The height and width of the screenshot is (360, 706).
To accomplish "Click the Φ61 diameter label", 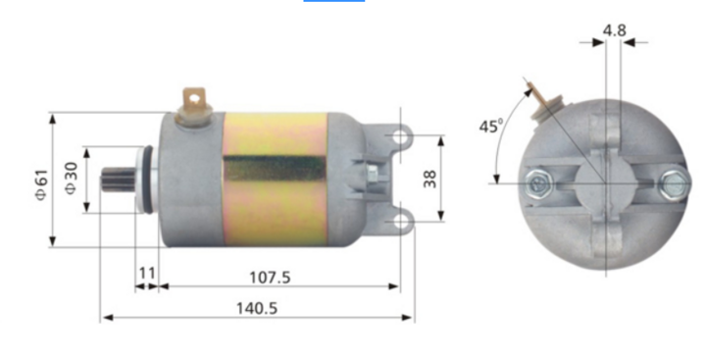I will coord(40,182).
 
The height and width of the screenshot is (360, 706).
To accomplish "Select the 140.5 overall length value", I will coord(258,308).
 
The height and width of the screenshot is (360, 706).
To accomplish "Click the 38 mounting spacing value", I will coord(429,179).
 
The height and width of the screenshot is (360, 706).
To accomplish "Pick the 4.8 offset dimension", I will coord(614,29).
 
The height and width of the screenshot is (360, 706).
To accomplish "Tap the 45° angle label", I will coord(490,126).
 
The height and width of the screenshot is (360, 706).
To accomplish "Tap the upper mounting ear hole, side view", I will coord(401,138).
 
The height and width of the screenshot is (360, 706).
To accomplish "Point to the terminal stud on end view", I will coord(539,100).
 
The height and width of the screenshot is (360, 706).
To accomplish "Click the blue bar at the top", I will coord(333,1).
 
